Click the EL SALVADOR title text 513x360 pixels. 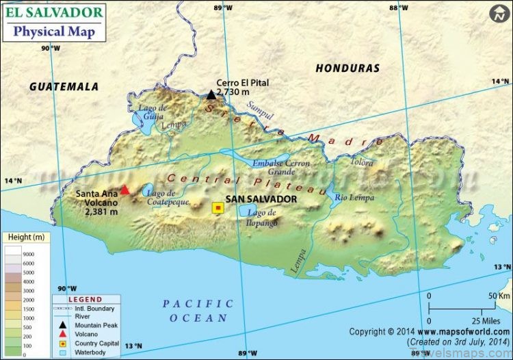(x=55, y=12)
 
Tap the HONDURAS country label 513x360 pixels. (x=347, y=68)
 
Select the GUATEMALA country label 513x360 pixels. (x=64, y=87)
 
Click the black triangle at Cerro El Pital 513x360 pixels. (x=211, y=94)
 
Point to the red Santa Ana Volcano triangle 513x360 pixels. (x=124, y=190)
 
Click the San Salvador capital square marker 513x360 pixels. (x=218, y=208)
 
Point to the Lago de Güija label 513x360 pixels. (x=152, y=112)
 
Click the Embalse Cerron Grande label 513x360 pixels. (x=281, y=168)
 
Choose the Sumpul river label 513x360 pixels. (x=260, y=110)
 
